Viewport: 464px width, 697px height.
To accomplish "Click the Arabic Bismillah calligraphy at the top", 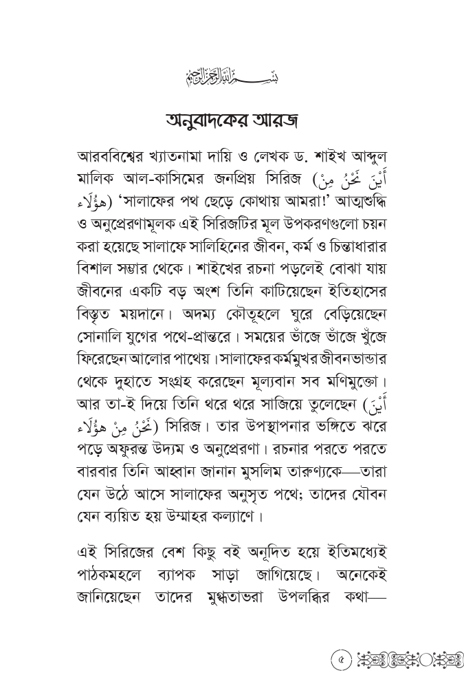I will (x=232, y=74).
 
